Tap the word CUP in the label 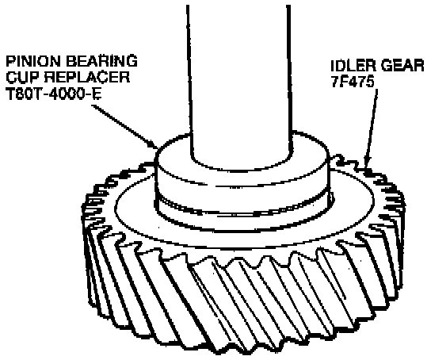click(x=21, y=77)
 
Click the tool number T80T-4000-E click(x=54, y=94)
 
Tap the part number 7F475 click(x=353, y=82)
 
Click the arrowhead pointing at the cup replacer click(x=153, y=144)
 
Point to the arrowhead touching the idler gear click(x=366, y=163)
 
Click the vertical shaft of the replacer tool click(x=238, y=82)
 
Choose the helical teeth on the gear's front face click(x=242, y=303)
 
